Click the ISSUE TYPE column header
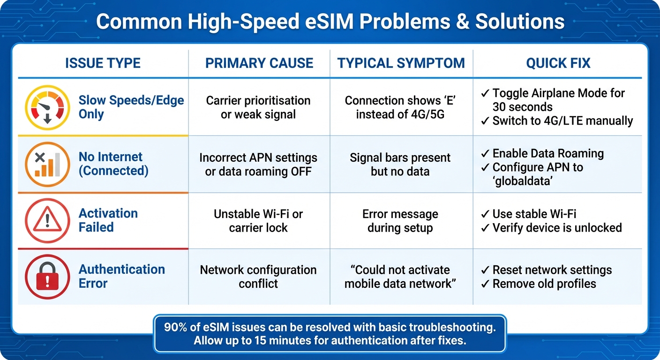pos(103,63)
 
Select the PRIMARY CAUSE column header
pos(259,63)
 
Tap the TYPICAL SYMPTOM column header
pos(401,63)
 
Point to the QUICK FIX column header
pos(558,63)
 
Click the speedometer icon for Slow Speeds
pos(47,108)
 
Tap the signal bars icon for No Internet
pos(47,164)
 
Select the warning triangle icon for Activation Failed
pos(47,220)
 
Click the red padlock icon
pos(47,277)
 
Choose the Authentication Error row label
pos(121,276)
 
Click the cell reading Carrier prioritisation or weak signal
pos(258,107)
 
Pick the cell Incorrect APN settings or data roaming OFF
pos(258,164)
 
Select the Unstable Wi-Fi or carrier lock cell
pos(258,221)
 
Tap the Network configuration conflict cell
pos(258,277)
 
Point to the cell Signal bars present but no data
pos(400,164)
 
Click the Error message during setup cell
pos(400,221)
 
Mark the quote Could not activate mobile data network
pos(400,277)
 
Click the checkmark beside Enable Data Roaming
pos(486,154)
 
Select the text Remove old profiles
pos(544,284)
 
